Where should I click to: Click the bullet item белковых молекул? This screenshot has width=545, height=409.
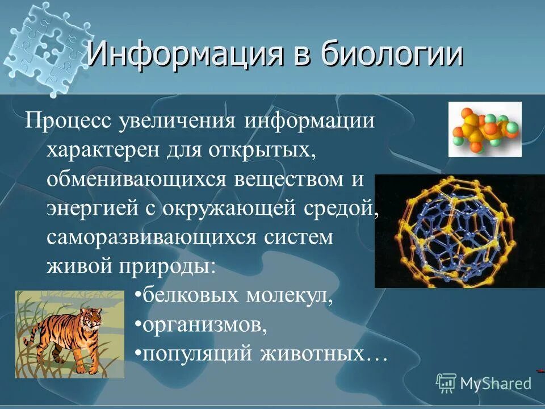click(235, 295)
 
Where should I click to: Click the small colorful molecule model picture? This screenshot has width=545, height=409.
click(485, 129)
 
